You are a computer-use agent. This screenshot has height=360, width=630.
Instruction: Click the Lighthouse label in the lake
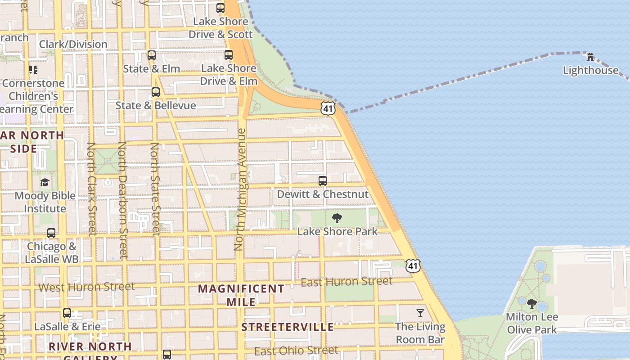590,70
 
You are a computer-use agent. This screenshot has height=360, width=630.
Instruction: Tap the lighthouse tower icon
590,57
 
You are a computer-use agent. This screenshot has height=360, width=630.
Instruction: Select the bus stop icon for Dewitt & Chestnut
323,181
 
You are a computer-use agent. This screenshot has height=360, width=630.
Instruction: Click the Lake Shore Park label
337,232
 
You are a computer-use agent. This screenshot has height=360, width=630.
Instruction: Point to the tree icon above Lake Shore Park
337,219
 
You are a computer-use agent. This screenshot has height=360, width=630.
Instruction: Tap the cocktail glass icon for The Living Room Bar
420,313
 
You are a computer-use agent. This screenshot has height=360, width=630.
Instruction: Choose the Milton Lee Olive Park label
532,323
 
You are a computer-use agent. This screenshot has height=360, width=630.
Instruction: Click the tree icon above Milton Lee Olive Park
531,304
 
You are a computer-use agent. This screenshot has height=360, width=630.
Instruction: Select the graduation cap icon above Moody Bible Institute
45,182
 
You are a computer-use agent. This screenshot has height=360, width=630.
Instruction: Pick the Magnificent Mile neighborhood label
241,295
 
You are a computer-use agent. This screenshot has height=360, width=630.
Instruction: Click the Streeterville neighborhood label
288,327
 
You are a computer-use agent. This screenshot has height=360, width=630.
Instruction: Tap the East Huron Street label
346,282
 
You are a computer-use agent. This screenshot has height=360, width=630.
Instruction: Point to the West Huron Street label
86,287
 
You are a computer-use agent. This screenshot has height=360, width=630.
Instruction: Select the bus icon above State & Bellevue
156,92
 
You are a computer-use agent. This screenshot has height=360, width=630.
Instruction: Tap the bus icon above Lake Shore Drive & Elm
229,55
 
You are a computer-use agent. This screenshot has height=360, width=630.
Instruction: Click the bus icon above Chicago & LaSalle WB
51,233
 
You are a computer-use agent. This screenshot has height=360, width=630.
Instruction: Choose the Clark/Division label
73,44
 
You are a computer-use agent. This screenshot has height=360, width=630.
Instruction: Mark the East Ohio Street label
296,351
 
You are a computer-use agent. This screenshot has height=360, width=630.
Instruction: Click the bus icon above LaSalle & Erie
67,313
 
